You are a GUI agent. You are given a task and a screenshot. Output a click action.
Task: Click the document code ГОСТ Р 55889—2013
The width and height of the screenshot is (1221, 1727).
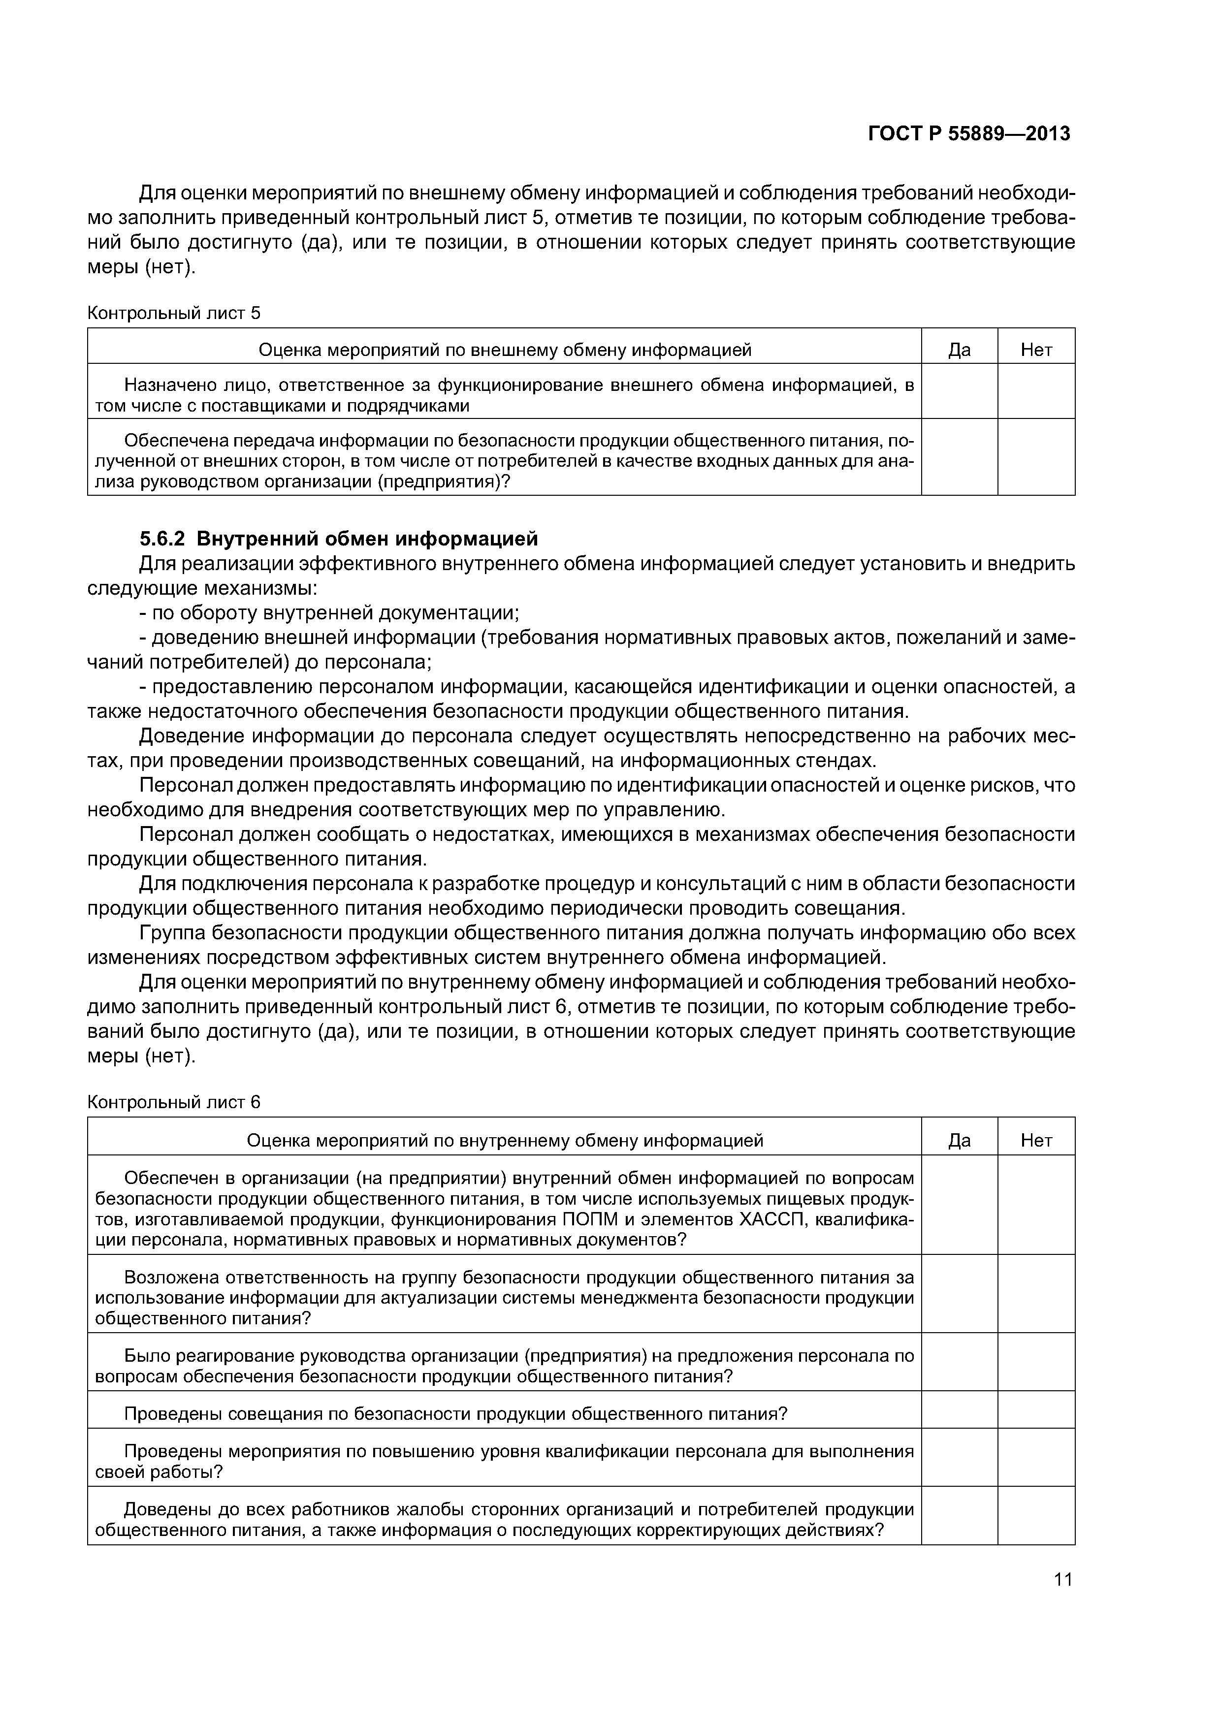click(968, 134)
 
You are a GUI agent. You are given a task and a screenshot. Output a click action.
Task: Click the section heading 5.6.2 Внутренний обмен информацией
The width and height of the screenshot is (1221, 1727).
click(339, 539)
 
